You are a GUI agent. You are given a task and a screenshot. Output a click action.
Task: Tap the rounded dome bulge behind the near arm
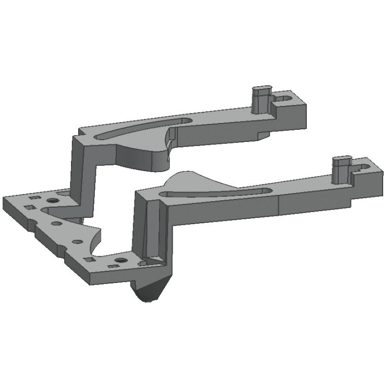pyautogui.click(x=187, y=180)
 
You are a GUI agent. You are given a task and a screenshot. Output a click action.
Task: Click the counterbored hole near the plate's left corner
pyautogui.click(x=53, y=200)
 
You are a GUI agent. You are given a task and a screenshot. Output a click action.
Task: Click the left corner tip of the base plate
pyautogui.click(x=5, y=199)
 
